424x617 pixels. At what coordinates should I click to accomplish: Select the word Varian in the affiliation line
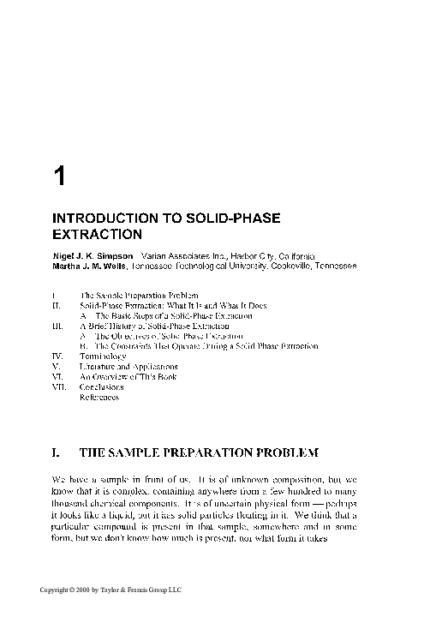pyautogui.click(x=155, y=256)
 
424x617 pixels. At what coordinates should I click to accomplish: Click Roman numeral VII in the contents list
pyautogui.click(x=57, y=386)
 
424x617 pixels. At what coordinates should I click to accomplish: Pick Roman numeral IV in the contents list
pyautogui.click(x=57, y=356)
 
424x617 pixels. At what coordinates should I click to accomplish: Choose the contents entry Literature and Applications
pyautogui.click(x=128, y=366)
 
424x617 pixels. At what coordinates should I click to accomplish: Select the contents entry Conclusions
pyautogui.click(x=101, y=386)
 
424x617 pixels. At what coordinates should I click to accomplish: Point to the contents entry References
pyautogui.click(x=99, y=397)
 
